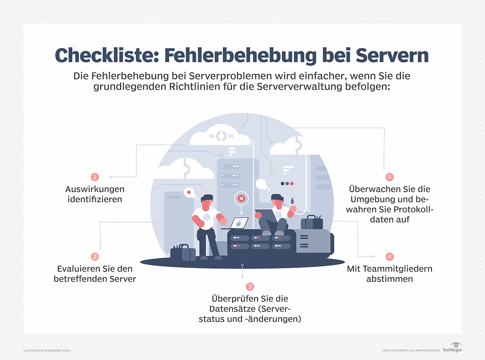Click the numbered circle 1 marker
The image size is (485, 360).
click(x=95, y=177)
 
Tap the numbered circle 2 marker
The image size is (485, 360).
click(x=95, y=256)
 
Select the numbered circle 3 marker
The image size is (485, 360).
click(x=250, y=286)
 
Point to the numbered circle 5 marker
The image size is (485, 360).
click(x=389, y=177)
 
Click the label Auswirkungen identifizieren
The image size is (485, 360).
click(x=95, y=194)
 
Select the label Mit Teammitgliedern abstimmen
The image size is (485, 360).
click(x=389, y=274)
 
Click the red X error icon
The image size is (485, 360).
click(x=241, y=198)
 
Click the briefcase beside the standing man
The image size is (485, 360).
click(x=182, y=253)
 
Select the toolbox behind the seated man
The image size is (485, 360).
click(x=312, y=222)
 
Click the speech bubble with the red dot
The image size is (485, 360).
click(x=189, y=192)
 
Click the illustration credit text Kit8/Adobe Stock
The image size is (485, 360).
click(x=47, y=350)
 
